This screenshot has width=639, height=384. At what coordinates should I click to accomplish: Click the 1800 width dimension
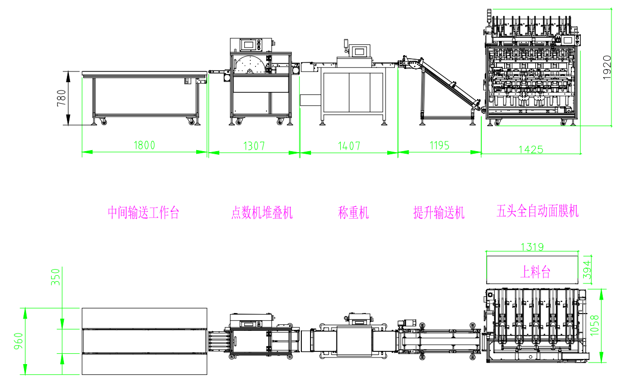pyautogui.click(x=144, y=145)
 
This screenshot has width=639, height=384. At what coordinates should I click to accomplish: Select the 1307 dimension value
pyautogui.click(x=254, y=146)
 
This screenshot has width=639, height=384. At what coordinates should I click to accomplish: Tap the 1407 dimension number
pyautogui.click(x=349, y=146)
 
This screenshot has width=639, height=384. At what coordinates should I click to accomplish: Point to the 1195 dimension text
pyautogui.click(x=439, y=146)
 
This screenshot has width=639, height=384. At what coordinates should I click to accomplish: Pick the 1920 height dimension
pyautogui.click(x=607, y=67)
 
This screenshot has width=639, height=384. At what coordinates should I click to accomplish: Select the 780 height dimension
pyautogui.click(x=61, y=99)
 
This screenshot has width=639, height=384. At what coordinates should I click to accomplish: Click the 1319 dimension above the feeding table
pyautogui.click(x=532, y=247)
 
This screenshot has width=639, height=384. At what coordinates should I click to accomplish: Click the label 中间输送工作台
pyautogui.click(x=144, y=213)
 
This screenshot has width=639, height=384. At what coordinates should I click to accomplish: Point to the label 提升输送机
pyautogui.click(x=439, y=213)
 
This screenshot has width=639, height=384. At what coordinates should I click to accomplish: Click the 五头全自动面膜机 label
pyautogui.click(x=537, y=211)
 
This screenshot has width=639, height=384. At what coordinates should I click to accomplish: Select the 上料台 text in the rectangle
pyautogui.click(x=535, y=272)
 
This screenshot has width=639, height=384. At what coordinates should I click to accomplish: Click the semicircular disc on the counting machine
pyautogui.click(x=250, y=65)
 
